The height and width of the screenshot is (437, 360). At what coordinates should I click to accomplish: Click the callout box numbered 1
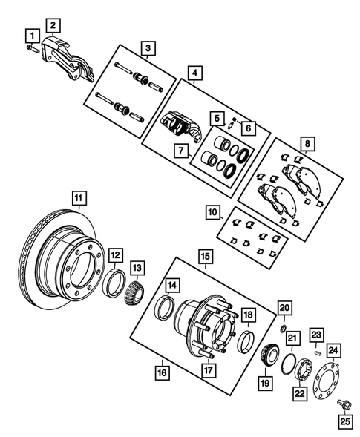(30, 35)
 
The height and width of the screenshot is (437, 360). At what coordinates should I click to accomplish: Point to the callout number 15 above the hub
(203, 256)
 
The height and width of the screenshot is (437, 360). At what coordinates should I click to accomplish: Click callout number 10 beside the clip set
(213, 213)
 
